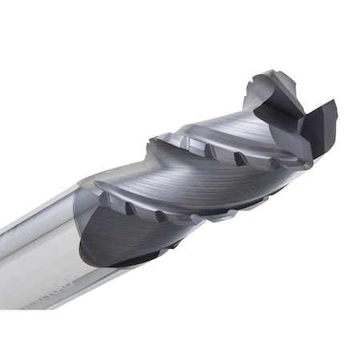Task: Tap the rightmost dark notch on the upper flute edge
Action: click(x=239, y=158)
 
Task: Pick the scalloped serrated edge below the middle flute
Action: click(x=224, y=213)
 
